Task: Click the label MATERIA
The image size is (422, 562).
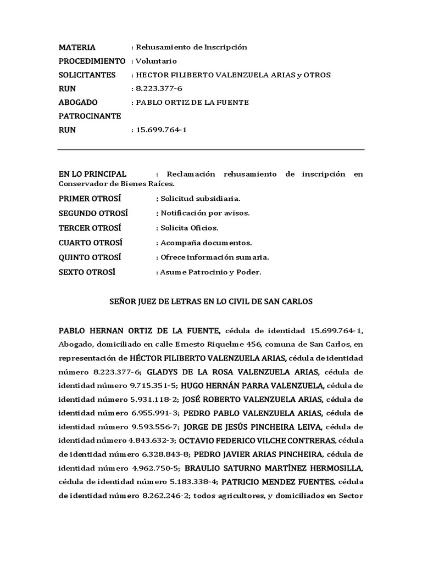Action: (x=77, y=47)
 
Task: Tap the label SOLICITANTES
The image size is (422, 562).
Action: (x=87, y=75)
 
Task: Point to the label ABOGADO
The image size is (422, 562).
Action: (x=78, y=102)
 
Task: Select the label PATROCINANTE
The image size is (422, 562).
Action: (x=90, y=116)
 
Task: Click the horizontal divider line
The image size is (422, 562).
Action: (x=211, y=149)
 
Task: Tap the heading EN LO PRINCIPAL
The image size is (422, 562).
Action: (x=92, y=174)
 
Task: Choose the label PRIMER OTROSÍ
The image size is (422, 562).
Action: (x=89, y=198)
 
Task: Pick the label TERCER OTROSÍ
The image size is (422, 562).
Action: (x=90, y=228)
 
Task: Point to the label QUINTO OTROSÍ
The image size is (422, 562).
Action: (x=90, y=257)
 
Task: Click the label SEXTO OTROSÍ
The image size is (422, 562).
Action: (x=87, y=272)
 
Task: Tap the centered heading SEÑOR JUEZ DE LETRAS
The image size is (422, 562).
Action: (x=211, y=301)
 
